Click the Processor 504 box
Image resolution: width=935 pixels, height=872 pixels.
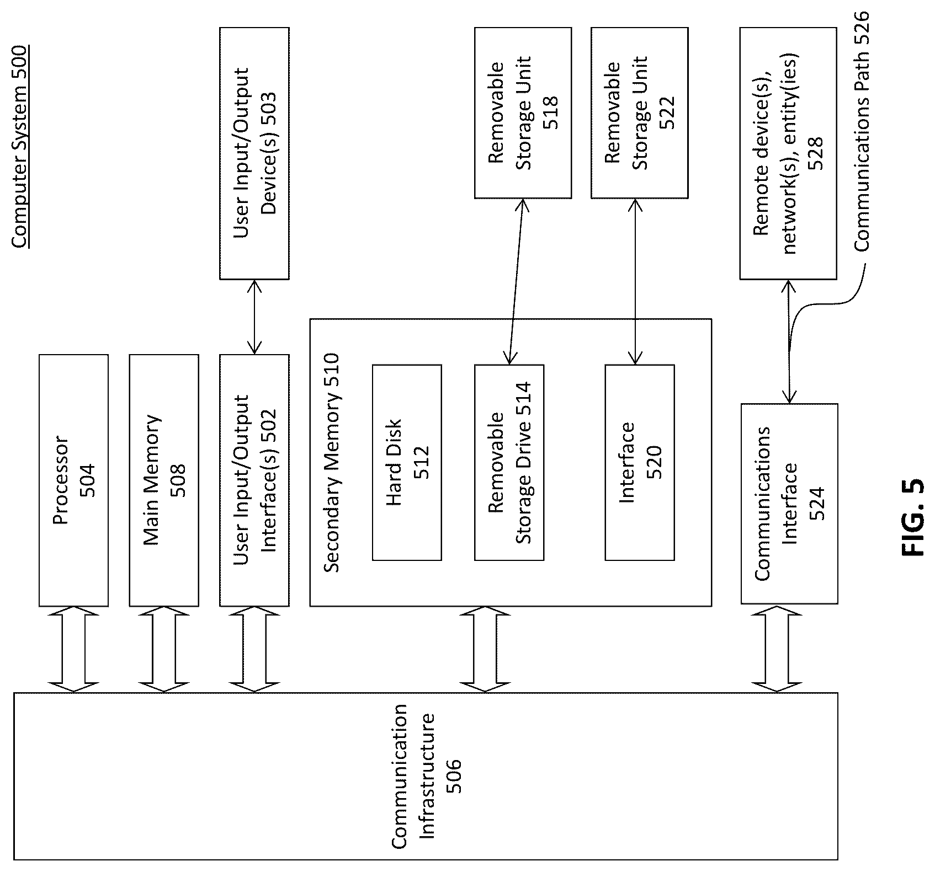[x=73, y=480]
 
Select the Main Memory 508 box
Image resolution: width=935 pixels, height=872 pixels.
[x=164, y=480]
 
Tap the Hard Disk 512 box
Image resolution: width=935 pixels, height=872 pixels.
[x=407, y=462]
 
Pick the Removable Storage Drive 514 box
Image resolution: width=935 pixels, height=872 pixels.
[x=509, y=462]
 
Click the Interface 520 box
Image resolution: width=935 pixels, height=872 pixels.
[x=640, y=462]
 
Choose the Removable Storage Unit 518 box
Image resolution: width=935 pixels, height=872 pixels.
[x=523, y=113]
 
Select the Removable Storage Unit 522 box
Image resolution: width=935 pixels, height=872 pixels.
[x=639, y=113]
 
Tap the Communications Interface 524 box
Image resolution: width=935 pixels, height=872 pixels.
[x=789, y=504]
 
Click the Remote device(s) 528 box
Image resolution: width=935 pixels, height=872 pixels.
[x=788, y=153]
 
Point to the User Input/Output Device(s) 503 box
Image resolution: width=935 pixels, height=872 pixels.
[x=254, y=153]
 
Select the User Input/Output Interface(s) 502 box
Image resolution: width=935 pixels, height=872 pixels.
[x=254, y=480]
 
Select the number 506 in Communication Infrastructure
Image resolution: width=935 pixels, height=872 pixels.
[x=453, y=777]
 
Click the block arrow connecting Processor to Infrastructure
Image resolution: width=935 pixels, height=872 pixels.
[x=73, y=649]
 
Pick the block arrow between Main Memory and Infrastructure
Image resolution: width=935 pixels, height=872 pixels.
[x=163, y=649]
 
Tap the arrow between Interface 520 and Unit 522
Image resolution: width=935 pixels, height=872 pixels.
[x=635, y=281]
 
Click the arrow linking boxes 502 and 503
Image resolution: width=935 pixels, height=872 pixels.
[x=254, y=317]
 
